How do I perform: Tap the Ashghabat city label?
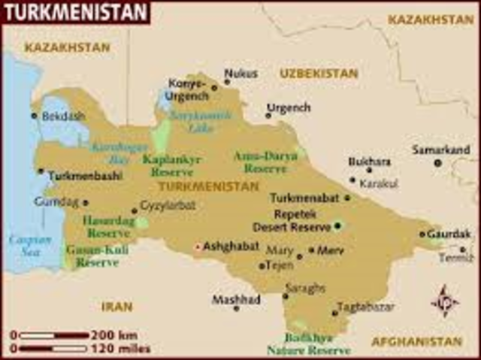(x=231, y=246)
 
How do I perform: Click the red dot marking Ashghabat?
(x=198, y=247)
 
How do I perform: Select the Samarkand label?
(x=440, y=150)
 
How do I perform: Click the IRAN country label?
(x=116, y=306)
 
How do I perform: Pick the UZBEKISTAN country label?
(x=319, y=74)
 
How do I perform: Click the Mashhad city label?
(x=235, y=298)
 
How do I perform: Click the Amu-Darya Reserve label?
(x=265, y=162)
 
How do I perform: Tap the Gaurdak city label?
(x=449, y=234)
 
